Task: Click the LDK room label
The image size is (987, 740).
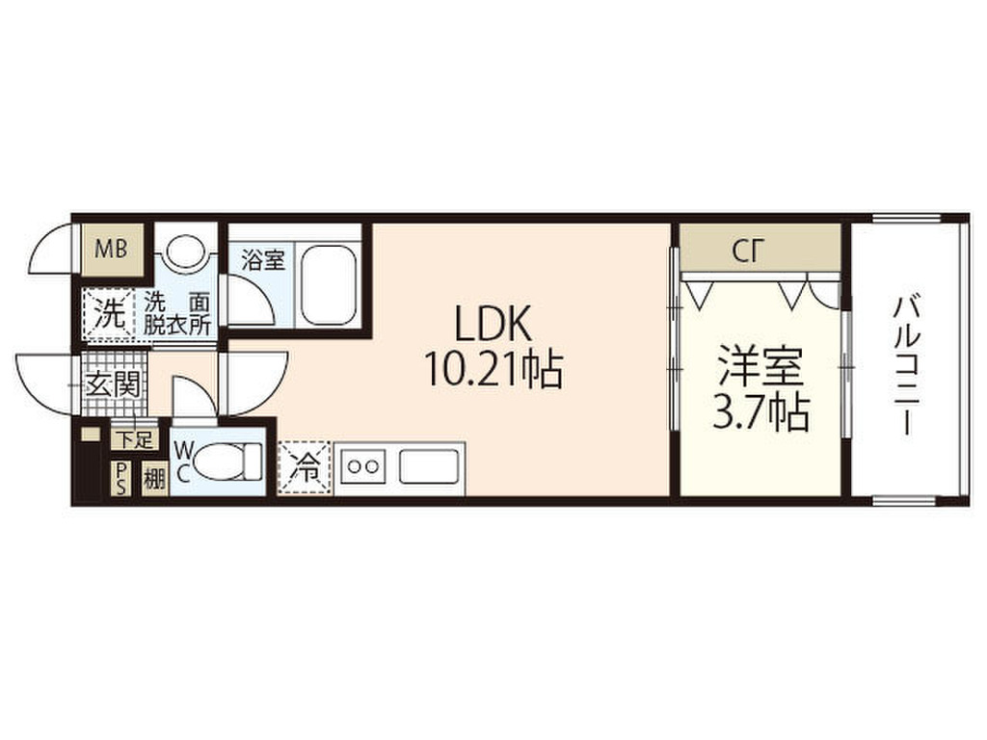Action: coord(493,325)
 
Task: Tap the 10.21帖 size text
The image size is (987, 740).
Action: coord(493,369)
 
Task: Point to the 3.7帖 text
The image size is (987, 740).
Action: coord(760,412)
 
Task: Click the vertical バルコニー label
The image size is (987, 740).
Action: coord(906,367)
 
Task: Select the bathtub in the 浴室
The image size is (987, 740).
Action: coord(328,285)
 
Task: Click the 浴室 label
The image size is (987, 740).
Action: coord(263,260)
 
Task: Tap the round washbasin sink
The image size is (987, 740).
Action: coord(186,251)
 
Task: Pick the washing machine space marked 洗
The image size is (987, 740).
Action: coord(108,315)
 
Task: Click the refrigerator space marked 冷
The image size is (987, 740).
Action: coord(304,469)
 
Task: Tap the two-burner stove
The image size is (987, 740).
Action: coord(363,467)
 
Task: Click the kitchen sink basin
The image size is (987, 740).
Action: coord(429,467)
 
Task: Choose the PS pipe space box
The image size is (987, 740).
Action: coord(120,479)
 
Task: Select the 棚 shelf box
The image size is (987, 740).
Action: coord(155,480)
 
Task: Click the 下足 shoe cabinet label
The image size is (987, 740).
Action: coord(134,439)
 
